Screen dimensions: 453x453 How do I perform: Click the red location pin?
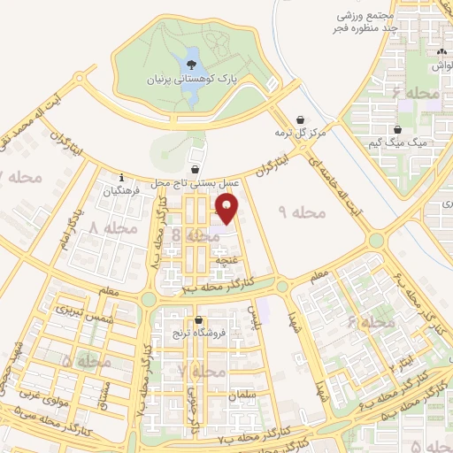point(229,208)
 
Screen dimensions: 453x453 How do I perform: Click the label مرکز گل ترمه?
point(300,133)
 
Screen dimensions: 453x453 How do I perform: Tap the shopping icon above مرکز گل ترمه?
point(301,119)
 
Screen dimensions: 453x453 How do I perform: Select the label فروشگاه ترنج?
point(198,334)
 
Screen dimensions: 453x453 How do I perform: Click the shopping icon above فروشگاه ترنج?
point(198,320)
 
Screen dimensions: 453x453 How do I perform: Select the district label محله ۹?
point(303,213)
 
